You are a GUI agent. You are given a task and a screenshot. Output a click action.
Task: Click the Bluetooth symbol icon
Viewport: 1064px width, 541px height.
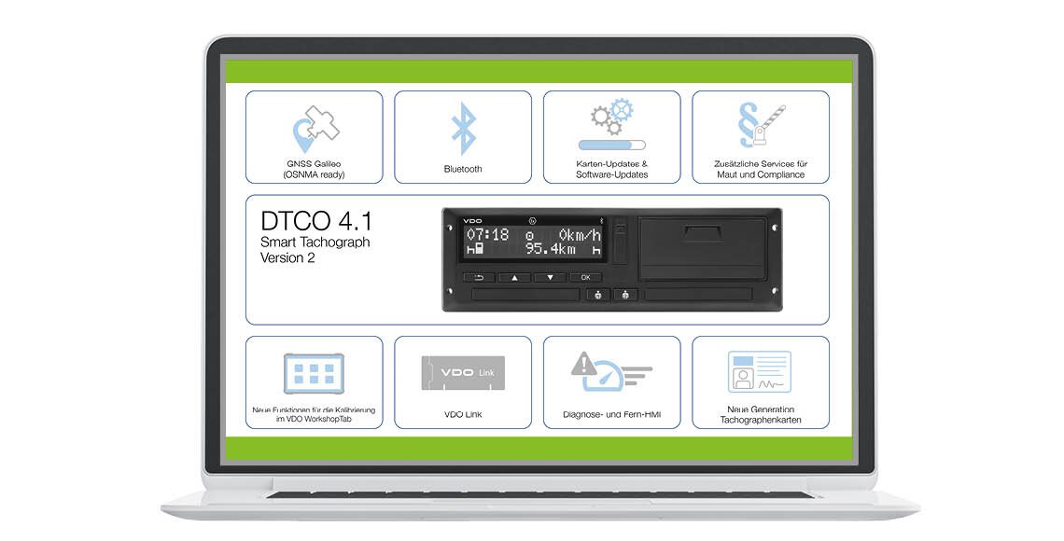(x=464, y=129)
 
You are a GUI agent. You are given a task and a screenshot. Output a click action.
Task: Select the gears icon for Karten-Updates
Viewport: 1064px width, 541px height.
(x=612, y=117)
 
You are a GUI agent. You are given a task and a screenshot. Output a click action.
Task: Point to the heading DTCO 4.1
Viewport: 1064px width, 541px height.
(x=316, y=222)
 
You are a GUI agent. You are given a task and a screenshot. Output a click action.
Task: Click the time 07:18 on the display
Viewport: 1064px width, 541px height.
(x=487, y=235)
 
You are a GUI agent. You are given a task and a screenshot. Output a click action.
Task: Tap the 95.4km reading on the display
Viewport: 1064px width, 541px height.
(x=551, y=249)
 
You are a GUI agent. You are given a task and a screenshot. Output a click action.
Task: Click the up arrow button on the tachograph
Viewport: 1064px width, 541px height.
(x=514, y=277)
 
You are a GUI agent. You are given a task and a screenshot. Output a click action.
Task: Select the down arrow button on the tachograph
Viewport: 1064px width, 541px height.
(x=550, y=277)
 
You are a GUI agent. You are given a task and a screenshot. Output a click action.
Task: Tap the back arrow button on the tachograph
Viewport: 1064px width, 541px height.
(x=479, y=277)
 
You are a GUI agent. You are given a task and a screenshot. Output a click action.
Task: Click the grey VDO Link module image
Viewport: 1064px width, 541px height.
(x=463, y=372)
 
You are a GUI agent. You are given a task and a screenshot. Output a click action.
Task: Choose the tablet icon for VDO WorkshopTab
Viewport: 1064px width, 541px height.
(x=315, y=373)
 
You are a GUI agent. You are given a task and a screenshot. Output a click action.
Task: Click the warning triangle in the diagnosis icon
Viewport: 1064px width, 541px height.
(x=582, y=364)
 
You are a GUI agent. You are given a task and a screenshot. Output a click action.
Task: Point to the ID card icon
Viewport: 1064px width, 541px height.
(x=760, y=371)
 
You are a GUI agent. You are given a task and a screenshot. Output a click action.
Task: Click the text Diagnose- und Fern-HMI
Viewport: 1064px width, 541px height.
(x=612, y=414)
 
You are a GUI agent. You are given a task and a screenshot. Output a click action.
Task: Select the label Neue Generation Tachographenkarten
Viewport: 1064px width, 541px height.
(x=761, y=414)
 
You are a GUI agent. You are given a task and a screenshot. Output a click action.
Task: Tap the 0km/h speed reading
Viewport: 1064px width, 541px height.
(x=581, y=235)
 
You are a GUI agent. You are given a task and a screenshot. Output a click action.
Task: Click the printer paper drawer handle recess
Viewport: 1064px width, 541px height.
(x=705, y=234)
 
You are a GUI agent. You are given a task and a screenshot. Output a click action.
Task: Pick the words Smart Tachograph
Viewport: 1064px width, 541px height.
(x=315, y=242)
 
